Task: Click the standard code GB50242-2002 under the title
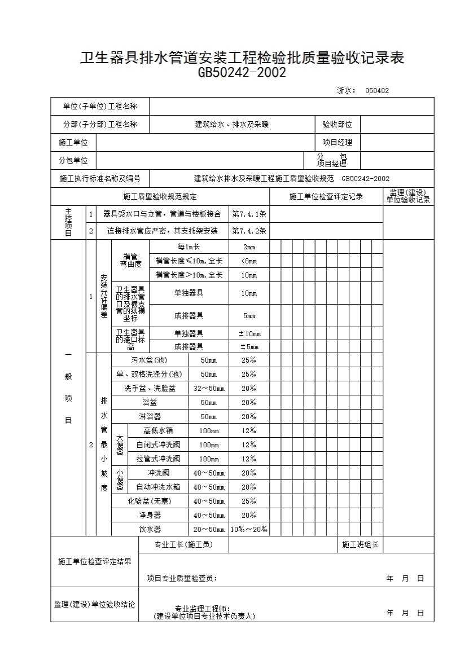click(x=242, y=73)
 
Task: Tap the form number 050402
click(x=376, y=90)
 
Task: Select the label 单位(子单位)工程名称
click(x=100, y=106)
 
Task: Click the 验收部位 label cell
click(x=337, y=124)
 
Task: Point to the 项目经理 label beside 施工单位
click(x=337, y=142)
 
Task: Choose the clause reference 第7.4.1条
click(x=249, y=214)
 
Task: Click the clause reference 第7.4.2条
click(x=249, y=231)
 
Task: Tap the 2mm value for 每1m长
click(x=249, y=247)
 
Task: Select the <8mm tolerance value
click(x=249, y=261)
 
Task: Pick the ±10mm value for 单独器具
click(x=249, y=334)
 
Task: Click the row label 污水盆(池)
click(x=149, y=360)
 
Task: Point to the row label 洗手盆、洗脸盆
click(x=150, y=389)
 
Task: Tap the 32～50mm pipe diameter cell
click(x=209, y=389)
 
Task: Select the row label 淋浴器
click(x=150, y=417)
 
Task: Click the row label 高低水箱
click(x=158, y=431)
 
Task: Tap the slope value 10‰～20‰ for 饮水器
click(x=249, y=530)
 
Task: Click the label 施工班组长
click(x=360, y=545)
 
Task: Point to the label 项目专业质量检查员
click(x=182, y=578)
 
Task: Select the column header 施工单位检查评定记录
click(x=326, y=197)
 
